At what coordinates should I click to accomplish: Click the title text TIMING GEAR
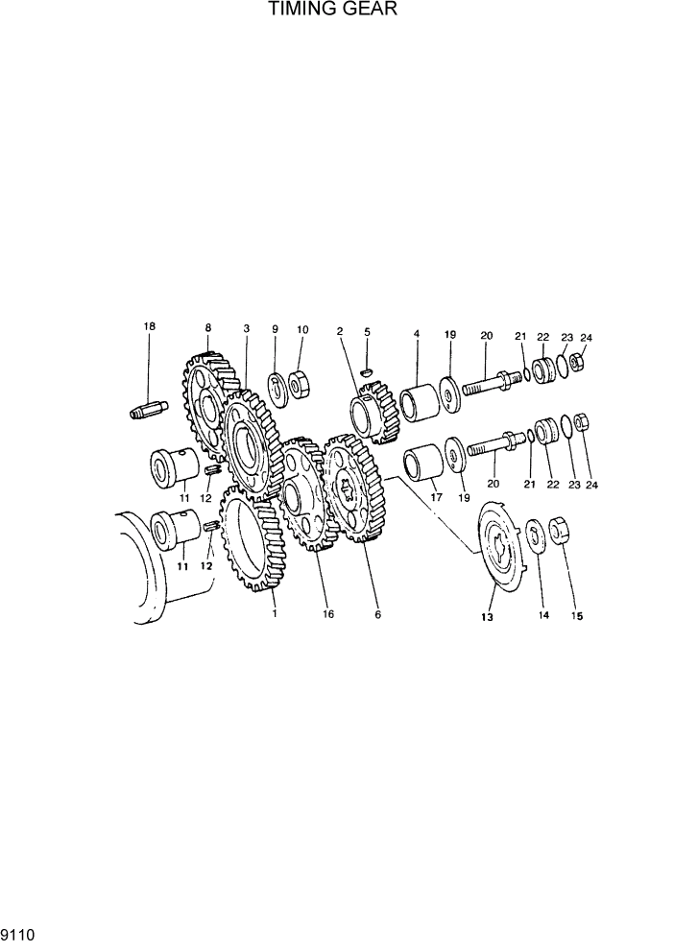tap(332, 11)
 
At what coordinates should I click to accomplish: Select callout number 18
tap(149, 327)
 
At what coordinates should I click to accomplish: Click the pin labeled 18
tap(148, 408)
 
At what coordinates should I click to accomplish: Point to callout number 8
tap(207, 328)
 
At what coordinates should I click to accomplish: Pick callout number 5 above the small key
tap(367, 331)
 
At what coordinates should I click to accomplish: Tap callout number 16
tap(328, 614)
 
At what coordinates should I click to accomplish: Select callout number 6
tap(377, 614)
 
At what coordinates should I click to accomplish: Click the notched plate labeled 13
tap(501, 552)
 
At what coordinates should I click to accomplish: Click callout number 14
tap(544, 616)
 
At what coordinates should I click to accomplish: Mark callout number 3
tap(247, 328)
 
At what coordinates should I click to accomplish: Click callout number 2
tap(340, 331)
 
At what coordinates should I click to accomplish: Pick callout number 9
tap(275, 329)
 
